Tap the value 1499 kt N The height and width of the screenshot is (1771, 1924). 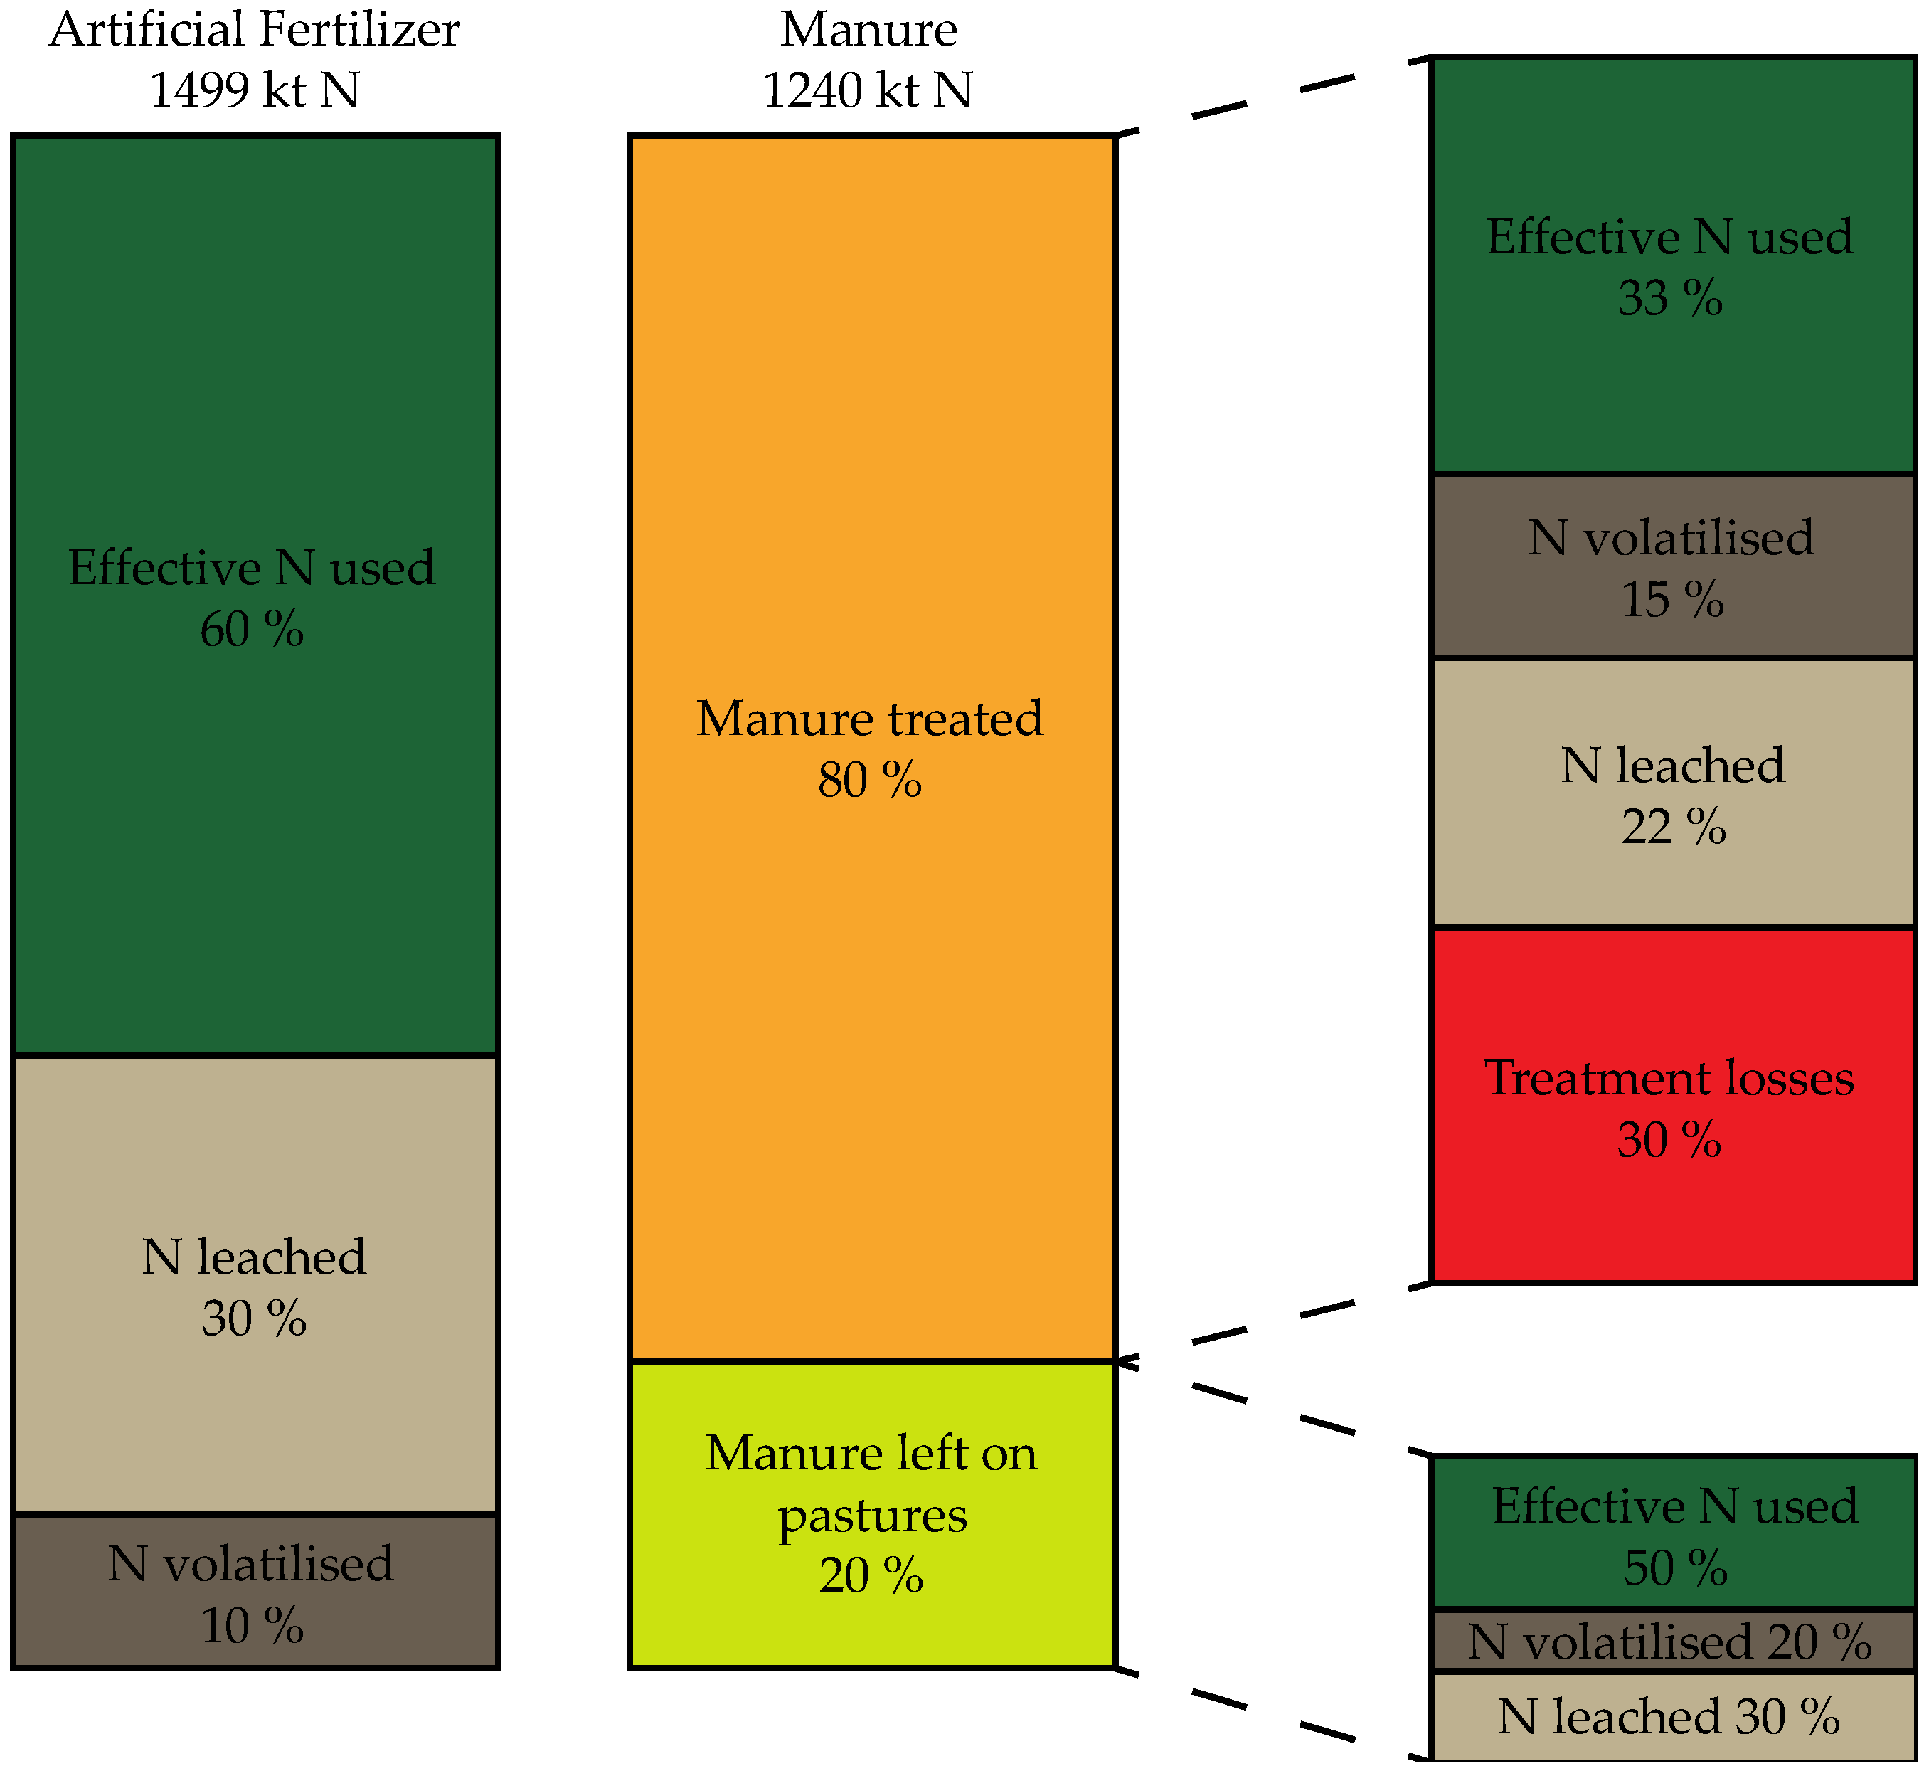254,90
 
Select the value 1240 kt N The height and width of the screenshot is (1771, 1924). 867,90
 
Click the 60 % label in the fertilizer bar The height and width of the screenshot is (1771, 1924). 252,630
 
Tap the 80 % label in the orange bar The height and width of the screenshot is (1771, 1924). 870,780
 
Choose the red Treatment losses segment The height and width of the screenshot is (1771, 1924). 1672,1107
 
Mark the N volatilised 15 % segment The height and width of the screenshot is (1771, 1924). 1672,567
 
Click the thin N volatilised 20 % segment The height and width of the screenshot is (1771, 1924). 1672,1642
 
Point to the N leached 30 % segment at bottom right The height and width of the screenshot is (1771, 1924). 1672,1716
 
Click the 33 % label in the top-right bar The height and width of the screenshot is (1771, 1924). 1670,298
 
